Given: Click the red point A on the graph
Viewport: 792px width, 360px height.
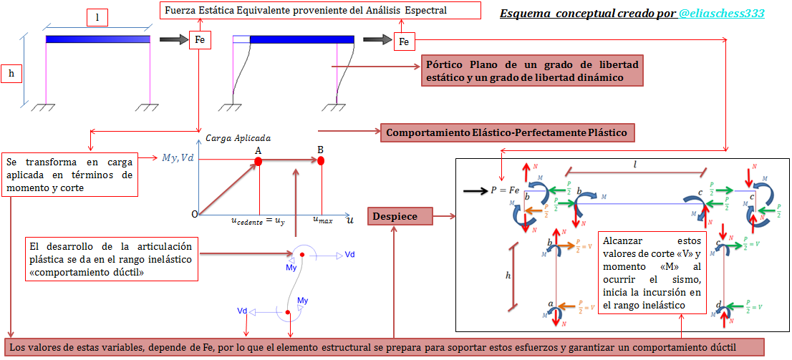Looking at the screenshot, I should coord(259,162).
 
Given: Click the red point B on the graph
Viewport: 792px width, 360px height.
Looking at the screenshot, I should coord(321,161).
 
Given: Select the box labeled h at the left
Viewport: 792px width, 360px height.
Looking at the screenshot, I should coord(11,73).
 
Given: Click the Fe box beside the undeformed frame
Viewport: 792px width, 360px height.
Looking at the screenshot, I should coord(200,40).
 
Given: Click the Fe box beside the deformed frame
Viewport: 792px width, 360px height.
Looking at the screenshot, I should coord(404,42).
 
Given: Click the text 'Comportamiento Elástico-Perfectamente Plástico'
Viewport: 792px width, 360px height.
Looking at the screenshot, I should coord(506,132).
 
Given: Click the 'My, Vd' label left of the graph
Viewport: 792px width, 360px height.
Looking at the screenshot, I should coord(178,157).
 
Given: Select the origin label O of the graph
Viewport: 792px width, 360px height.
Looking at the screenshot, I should coord(194,214).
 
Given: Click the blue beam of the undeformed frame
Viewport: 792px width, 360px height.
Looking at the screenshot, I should coord(98,40).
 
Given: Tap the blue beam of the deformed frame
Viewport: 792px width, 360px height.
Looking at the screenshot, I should coord(301,40).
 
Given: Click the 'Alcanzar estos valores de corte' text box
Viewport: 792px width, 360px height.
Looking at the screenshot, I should coord(652,273).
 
